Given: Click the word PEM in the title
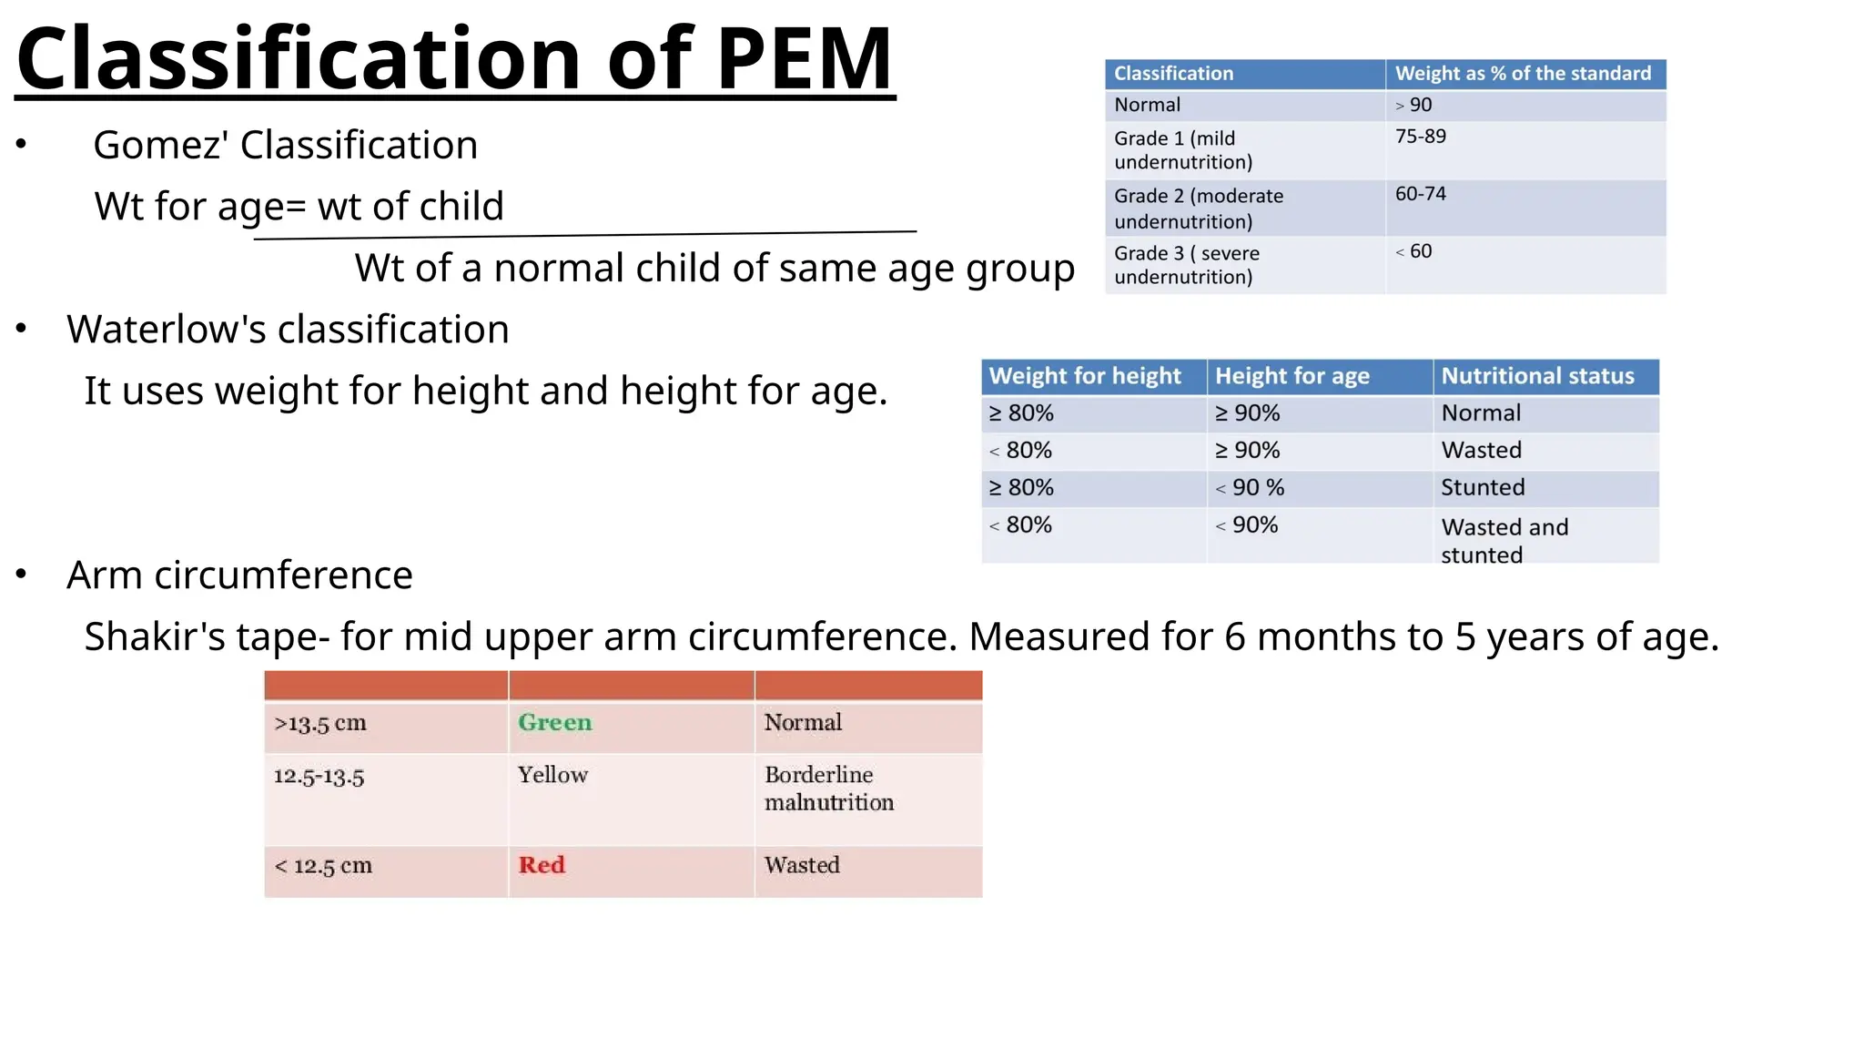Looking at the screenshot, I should (x=803, y=59).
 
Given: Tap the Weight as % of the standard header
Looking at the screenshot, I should (x=1523, y=74).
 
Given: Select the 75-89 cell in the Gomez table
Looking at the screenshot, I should (x=1421, y=137).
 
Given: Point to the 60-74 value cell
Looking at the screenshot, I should (x=1421, y=194).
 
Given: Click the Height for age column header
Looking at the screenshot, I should (x=1292, y=376).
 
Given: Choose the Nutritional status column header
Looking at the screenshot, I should (x=1537, y=376).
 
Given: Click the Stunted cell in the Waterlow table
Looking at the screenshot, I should (x=1483, y=487).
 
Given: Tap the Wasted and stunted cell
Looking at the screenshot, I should (x=1504, y=540).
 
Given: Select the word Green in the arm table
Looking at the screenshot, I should (x=554, y=723).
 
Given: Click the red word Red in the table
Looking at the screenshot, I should (x=542, y=865).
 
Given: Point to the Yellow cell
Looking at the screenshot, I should (x=552, y=775).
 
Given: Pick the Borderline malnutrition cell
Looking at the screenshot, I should (x=828, y=789).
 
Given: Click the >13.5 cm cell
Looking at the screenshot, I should (x=320, y=724).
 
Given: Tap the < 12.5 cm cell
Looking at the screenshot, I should (x=324, y=866).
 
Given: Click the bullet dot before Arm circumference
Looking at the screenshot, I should (x=22, y=575).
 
